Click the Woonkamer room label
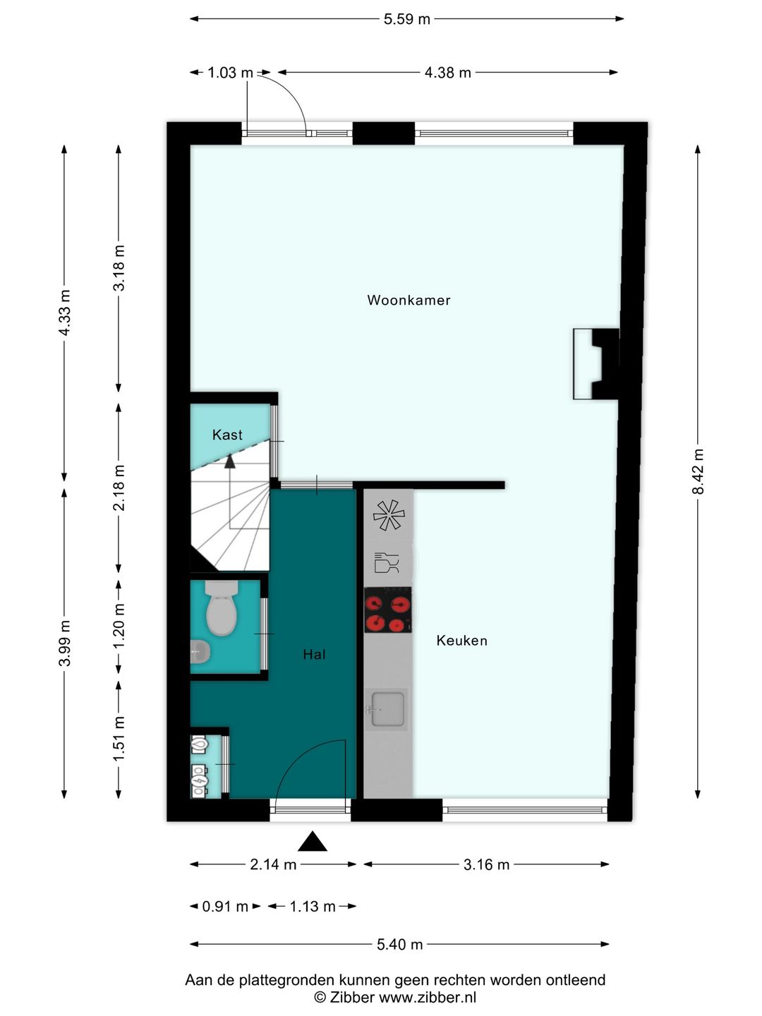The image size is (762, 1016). coord(409,300)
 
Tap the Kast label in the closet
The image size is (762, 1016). coord(227,435)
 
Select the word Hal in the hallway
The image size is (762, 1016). coord(314,654)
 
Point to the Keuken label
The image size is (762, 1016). coord(461,641)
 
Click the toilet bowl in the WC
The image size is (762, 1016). coord(221,608)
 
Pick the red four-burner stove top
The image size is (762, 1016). coord(388,610)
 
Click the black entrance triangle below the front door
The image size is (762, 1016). coord(313,841)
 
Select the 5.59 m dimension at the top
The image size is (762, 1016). coord(406,19)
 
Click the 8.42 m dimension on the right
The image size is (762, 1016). coord(698,471)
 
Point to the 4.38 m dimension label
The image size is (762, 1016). coord(447,72)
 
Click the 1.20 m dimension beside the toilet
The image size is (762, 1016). coord(119,627)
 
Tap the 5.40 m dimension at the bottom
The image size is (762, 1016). coord(400,944)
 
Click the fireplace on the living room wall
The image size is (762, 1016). coord(596,364)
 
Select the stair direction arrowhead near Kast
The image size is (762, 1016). coord(229,461)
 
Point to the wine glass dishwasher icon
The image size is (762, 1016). coord(387,562)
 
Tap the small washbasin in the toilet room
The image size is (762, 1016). coord(200,652)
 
